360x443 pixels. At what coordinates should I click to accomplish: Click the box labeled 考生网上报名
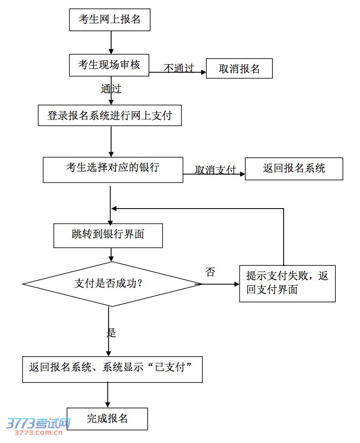point(109,20)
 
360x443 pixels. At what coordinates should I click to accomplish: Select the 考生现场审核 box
point(109,65)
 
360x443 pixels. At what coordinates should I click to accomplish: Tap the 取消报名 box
point(239,69)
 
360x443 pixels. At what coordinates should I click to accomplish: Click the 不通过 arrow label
point(179,68)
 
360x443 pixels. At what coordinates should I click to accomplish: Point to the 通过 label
point(111,89)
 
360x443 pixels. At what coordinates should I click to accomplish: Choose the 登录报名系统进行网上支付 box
point(110,116)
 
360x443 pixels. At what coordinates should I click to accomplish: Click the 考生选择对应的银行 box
point(113,169)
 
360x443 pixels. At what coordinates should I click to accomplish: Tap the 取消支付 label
point(215,170)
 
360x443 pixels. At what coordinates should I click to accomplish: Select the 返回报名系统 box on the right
point(294,169)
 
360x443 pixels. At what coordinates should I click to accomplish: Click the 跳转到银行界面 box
point(108,235)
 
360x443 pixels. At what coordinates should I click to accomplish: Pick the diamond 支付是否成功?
point(109,284)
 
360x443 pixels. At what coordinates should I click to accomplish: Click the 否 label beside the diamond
point(211,273)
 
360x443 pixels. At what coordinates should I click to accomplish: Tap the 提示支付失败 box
point(287,283)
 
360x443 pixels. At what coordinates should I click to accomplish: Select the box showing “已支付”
point(112,369)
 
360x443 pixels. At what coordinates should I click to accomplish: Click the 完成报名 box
point(107,419)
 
